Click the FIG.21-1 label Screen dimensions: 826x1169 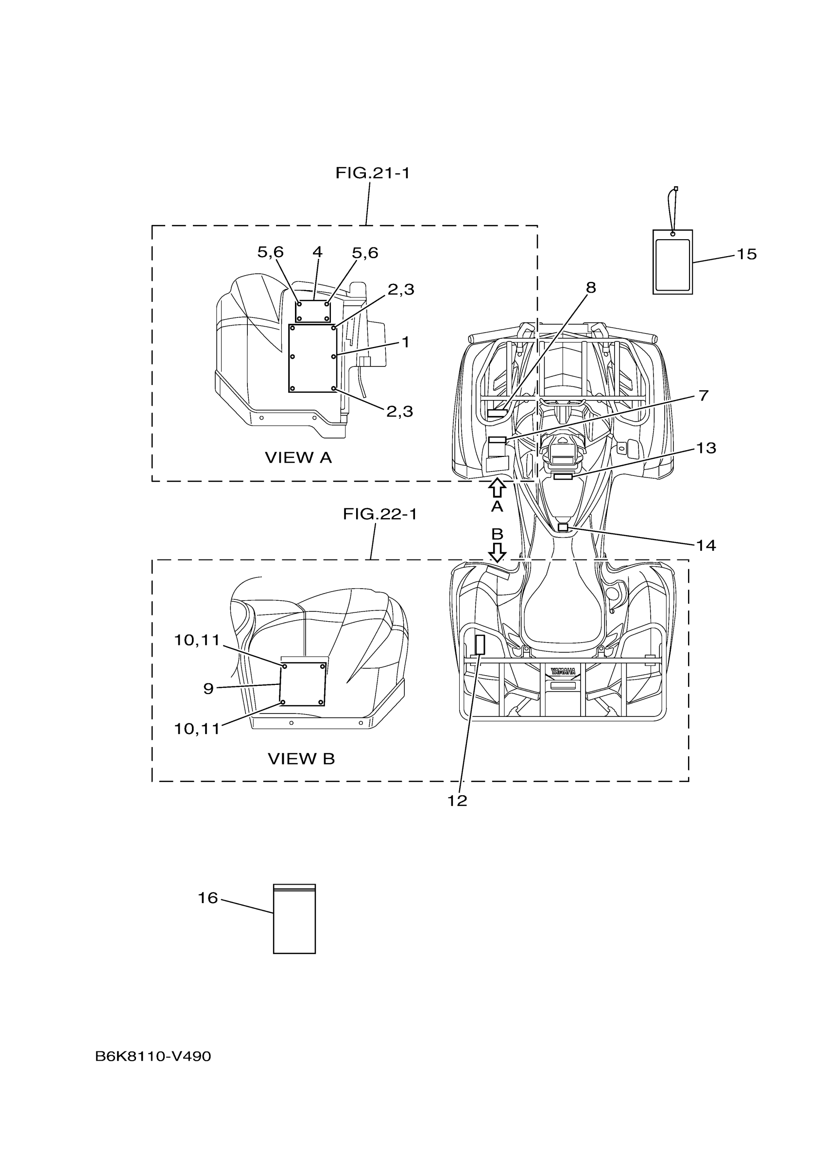[x=372, y=174]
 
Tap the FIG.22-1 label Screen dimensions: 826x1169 [x=379, y=514]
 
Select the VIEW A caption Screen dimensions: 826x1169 [x=298, y=458]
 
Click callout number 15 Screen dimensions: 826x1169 [x=747, y=254]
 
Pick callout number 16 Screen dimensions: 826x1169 [x=207, y=898]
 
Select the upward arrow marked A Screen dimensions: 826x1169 [x=497, y=488]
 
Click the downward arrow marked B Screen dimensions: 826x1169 [x=497, y=551]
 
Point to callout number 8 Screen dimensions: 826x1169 [x=590, y=288]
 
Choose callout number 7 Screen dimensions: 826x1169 [x=704, y=396]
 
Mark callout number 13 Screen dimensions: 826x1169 [x=706, y=448]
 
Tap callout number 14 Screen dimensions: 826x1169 [x=706, y=546]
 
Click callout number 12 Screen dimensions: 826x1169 [x=457, y=801]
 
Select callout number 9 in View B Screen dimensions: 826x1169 [x=208, y=689]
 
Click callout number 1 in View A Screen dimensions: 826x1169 [x=406, y=342]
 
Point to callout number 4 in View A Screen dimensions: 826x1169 [x=318, y=251]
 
